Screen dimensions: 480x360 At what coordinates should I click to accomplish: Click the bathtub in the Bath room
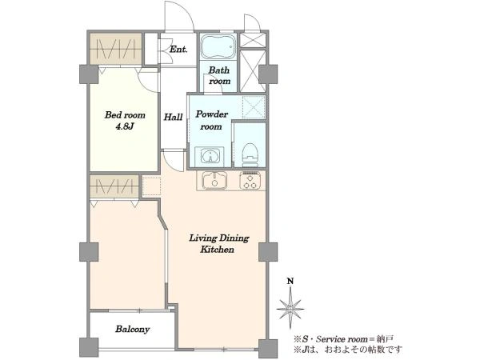218,46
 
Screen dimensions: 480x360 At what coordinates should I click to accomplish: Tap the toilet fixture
249,154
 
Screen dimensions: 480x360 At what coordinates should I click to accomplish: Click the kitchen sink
214,180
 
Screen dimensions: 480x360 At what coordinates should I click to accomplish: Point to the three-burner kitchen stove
250,180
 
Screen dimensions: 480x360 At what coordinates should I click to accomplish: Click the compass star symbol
290,309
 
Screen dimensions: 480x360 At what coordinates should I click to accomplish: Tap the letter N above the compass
290,281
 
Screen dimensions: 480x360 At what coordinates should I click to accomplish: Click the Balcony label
132,329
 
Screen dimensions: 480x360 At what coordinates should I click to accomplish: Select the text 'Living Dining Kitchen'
219,244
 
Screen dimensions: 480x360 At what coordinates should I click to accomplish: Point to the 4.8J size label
125,126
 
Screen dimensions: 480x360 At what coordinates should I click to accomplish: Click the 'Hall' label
173,117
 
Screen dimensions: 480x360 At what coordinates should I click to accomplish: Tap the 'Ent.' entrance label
178,49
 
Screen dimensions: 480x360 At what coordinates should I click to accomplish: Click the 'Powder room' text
211,120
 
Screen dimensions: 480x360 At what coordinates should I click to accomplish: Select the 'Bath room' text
219,76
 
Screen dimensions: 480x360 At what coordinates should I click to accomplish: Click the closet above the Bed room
116,49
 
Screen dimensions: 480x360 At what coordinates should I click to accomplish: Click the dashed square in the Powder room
254,107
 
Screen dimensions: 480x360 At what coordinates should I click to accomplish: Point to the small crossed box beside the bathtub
253,40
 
